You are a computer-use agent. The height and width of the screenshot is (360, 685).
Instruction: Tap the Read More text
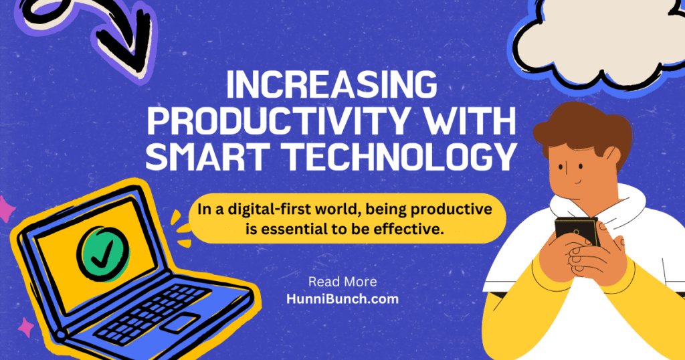(x=342, y=282)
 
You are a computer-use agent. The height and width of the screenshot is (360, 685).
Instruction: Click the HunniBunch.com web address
(x=342, y=299)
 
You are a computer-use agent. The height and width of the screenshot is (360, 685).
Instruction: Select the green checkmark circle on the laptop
(x=103, y=254)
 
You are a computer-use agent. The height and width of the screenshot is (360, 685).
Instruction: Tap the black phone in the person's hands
(x=576, y=232)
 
